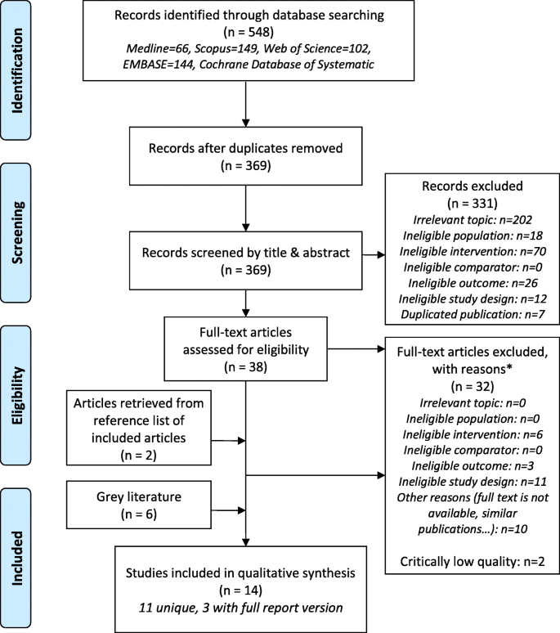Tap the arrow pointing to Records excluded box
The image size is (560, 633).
coord(378,254)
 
